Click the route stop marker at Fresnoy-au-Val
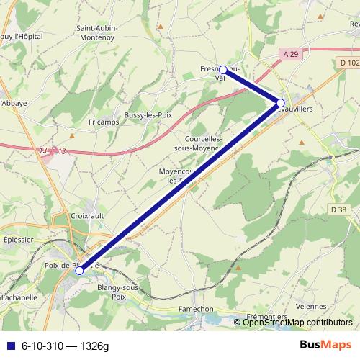[x=223, y=70]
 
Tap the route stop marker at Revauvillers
[x=281, y=102]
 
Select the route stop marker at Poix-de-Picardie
[x=78, y=271]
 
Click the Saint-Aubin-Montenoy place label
[x=97, y=33]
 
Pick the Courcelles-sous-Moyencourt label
[x=208, y=143]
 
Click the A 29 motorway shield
[x=290, y=54]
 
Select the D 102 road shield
[x=348, y=63]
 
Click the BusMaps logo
[x=325, y=346]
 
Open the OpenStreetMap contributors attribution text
[x=297, y=323]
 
